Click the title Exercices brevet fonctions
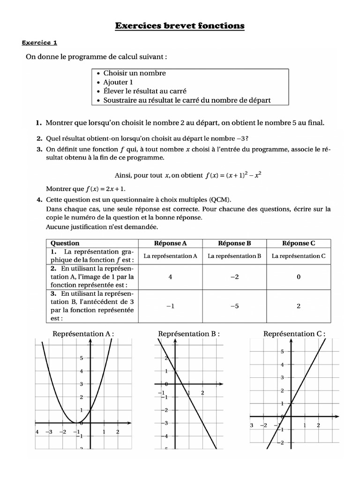tap(180, 26)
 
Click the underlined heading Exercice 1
tap(40, 43)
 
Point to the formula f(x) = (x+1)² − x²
tap(232, 176)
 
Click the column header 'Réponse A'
tap(171, 243)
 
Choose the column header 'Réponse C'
tap(299, 243)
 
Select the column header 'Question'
tap(65, 243)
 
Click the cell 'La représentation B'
tap(234, 256)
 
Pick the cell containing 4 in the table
tap(171, 277)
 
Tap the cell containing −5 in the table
tap(234, 306)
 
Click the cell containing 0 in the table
tap(299, 277)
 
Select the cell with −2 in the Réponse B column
tap(234, 277)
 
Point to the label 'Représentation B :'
tap(189, 334)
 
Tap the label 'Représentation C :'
tap(294, 334)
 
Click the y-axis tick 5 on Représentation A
tap(81, 358)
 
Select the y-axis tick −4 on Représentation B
tap(165, 435)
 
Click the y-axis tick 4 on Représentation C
tap(282, 365)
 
